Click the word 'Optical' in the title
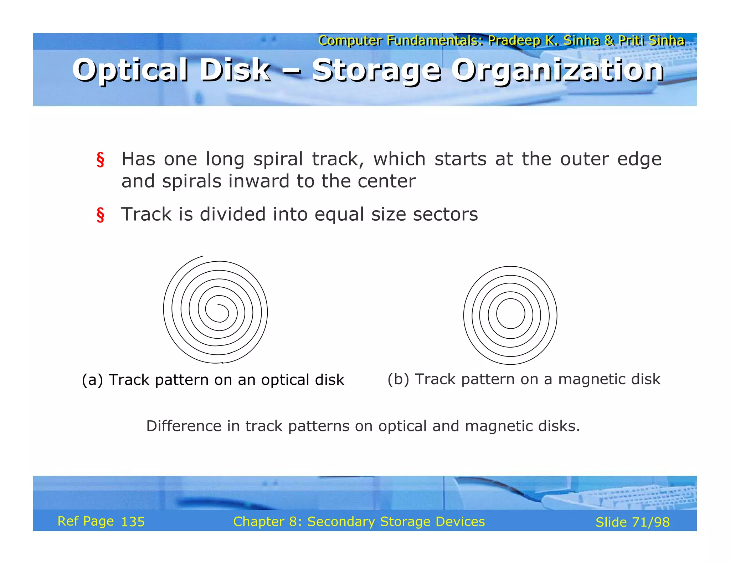(130, 70)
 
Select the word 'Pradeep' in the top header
(514, 40)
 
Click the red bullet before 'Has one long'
(101, 160)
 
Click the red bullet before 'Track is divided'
(101, 215)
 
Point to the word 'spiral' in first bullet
(278, 159)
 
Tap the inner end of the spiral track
(218, 305)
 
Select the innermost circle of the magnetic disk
(510, 313)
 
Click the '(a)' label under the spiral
(92, 380)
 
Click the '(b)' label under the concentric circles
(398, 379)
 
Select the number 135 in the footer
(133, 522)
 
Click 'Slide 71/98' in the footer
(632, 522)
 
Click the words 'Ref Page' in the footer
(86, 521)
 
